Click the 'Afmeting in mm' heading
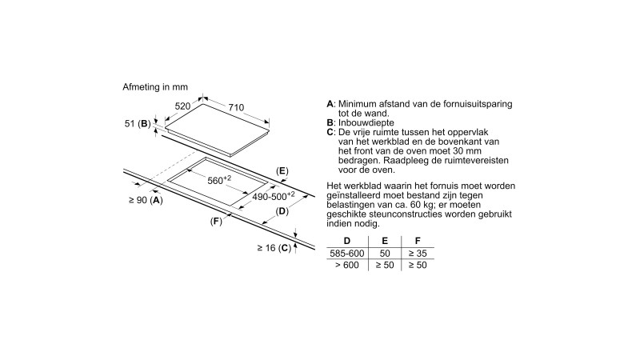[154, 86]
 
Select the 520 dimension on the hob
[184, 106]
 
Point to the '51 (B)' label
[138, 123]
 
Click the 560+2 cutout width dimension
[219, 179]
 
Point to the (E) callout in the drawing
[282, 171]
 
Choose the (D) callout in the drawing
[282, 211]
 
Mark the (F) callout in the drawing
[215, 220]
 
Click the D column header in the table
[346, 240]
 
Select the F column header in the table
[417, 240]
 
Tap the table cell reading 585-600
[346, 254]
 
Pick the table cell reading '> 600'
[346, 266]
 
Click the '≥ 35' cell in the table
[417, 254]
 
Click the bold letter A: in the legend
[330, 105]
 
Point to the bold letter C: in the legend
[330, 132]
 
